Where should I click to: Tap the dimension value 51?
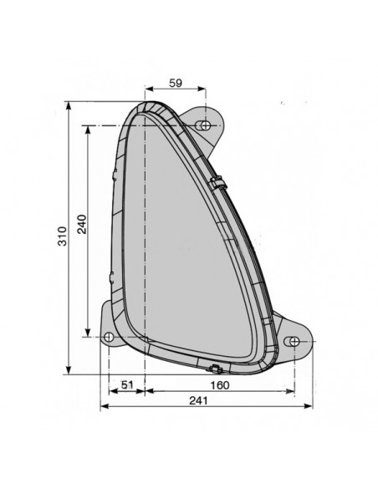[126, 385]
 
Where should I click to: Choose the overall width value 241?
[199, 400]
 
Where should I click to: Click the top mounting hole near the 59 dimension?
[202, 125]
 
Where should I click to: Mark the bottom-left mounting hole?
[109, 337]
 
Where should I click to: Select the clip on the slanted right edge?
[220, 180]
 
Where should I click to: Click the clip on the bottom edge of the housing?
[215, 369]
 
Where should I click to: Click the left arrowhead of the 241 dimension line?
[103, 407]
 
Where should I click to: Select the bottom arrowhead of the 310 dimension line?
[69, 371]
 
